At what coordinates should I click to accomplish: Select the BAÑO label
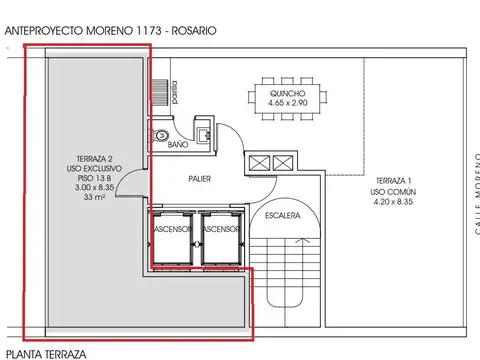179,146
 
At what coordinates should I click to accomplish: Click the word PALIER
200,178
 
